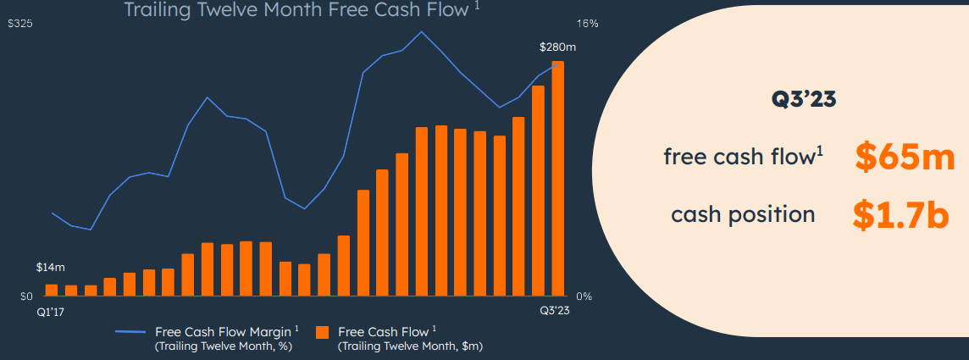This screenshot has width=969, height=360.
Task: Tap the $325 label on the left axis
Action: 20,25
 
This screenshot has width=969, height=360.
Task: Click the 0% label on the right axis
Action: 584,296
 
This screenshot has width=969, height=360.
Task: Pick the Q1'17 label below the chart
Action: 51,312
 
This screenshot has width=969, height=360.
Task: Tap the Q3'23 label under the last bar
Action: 556,312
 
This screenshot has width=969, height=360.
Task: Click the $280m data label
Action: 556,47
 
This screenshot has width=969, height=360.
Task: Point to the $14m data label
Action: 50,268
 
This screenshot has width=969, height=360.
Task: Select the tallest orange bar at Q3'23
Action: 558,179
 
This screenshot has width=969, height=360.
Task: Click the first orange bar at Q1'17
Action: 52,290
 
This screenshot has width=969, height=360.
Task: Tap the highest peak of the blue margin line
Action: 421,32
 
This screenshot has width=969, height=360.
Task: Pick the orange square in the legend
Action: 322,332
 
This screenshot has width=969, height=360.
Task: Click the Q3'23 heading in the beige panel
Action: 803,99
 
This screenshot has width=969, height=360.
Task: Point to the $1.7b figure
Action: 900,215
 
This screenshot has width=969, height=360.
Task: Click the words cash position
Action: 743,214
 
